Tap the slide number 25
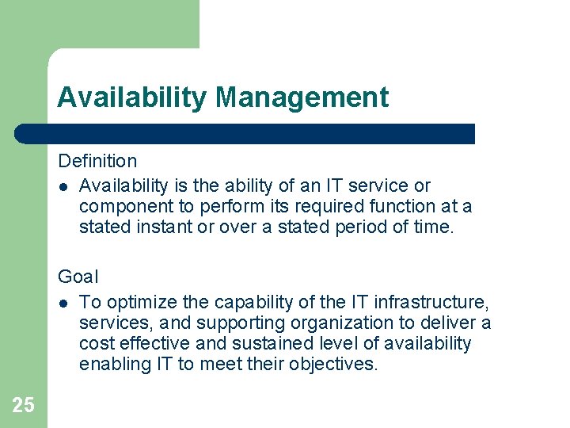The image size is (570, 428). (23, 406)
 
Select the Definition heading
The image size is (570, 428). (97, 162)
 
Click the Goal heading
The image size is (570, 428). (78, 277)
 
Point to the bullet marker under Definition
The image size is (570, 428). (63, 186)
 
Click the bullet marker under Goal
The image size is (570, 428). (63, 303)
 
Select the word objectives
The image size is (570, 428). (336, 365)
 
